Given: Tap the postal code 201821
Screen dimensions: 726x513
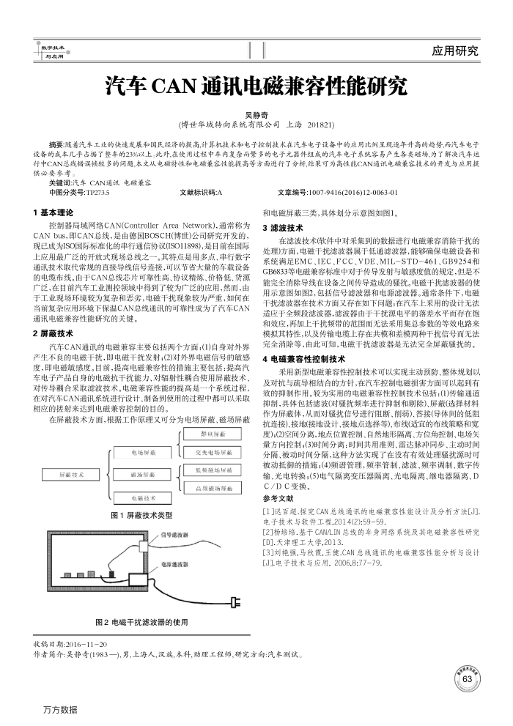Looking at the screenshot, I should coord(320,125).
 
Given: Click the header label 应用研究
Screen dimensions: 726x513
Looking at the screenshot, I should coord(455,51).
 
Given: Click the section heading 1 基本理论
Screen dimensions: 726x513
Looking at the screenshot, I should coord(56,212).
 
